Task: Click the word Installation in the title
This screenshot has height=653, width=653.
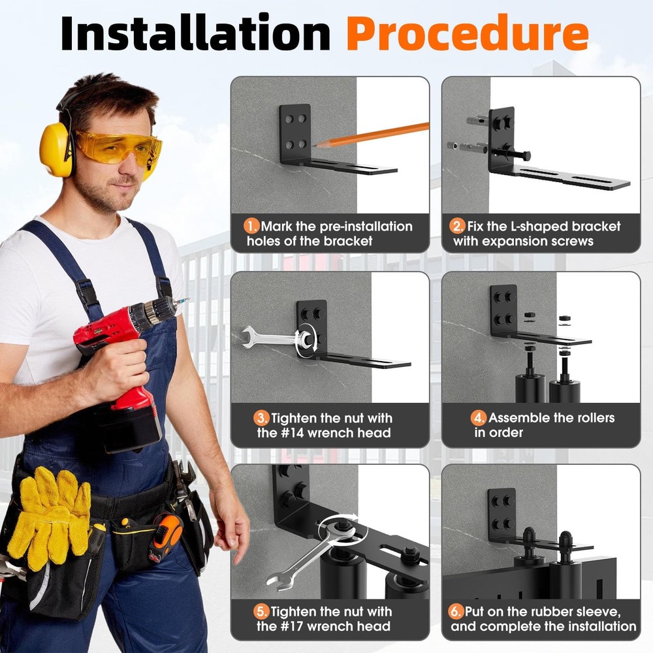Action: click(195, 33)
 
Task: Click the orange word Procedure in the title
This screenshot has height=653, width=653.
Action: click(467, 33)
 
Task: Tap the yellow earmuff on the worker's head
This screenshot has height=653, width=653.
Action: click(56, 149)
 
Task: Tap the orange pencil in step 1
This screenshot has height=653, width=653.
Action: click(372, 134)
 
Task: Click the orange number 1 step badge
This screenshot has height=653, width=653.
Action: click(251, 227)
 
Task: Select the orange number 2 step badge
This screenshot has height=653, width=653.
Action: click(458, 227)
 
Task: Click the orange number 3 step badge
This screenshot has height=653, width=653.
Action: click(261, 417)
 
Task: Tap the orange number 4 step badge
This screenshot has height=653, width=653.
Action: click(479, 417)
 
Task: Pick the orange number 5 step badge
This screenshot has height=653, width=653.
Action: click(261, 611)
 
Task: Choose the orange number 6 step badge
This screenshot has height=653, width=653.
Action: click(456, 611)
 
